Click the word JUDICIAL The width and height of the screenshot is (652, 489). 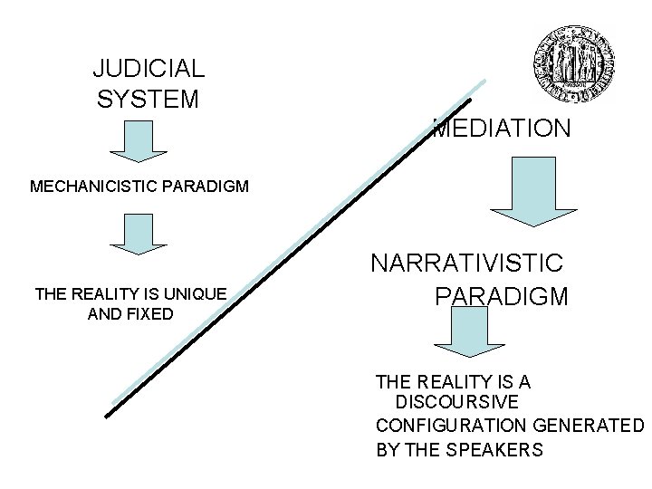[149, 68]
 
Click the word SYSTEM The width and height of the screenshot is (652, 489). [148, 99]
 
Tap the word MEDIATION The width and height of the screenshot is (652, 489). [501, 129]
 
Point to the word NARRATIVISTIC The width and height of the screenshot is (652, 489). [467, 264]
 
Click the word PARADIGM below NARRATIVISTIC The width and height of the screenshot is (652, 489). [501, 296]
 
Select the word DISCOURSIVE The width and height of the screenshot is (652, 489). [457, 401]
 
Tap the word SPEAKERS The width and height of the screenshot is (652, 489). [497, 449]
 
